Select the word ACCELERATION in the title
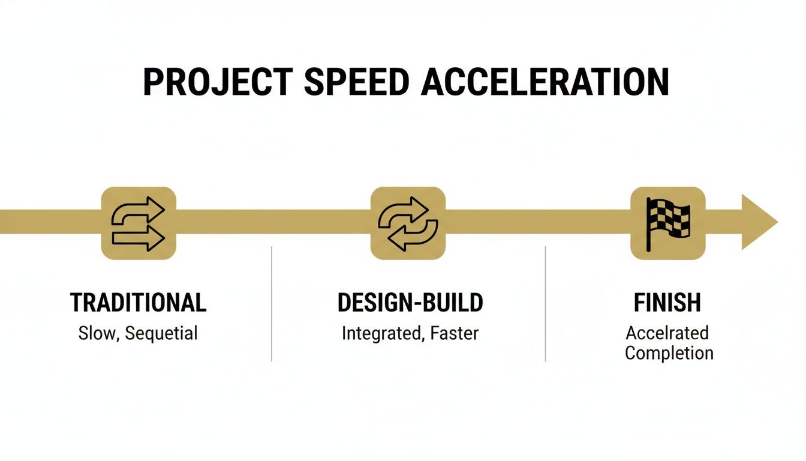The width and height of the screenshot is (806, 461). (x=545, y=82)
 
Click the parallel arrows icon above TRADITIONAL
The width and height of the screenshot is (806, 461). (x=139, y=223)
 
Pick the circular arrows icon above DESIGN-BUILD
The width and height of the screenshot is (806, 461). (x=408, y=223)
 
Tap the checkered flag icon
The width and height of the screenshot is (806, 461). (x=668, y=223)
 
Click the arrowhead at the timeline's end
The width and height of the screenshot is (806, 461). (x=758, y=222)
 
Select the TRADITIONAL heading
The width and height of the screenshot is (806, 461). (x=139, y=303)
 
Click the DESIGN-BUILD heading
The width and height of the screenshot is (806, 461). (x=410, y=303)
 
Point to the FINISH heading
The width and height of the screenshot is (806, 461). (x=667, y=303)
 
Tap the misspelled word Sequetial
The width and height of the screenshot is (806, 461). (x=161, y=334)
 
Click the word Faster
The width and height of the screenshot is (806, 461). (x=455, y=334)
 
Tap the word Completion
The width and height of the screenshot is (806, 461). (x=669, y=353)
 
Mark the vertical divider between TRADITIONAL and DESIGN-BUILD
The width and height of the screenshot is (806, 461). (x=272, y=304)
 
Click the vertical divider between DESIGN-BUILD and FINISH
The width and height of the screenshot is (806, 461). (x=545, y=304)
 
